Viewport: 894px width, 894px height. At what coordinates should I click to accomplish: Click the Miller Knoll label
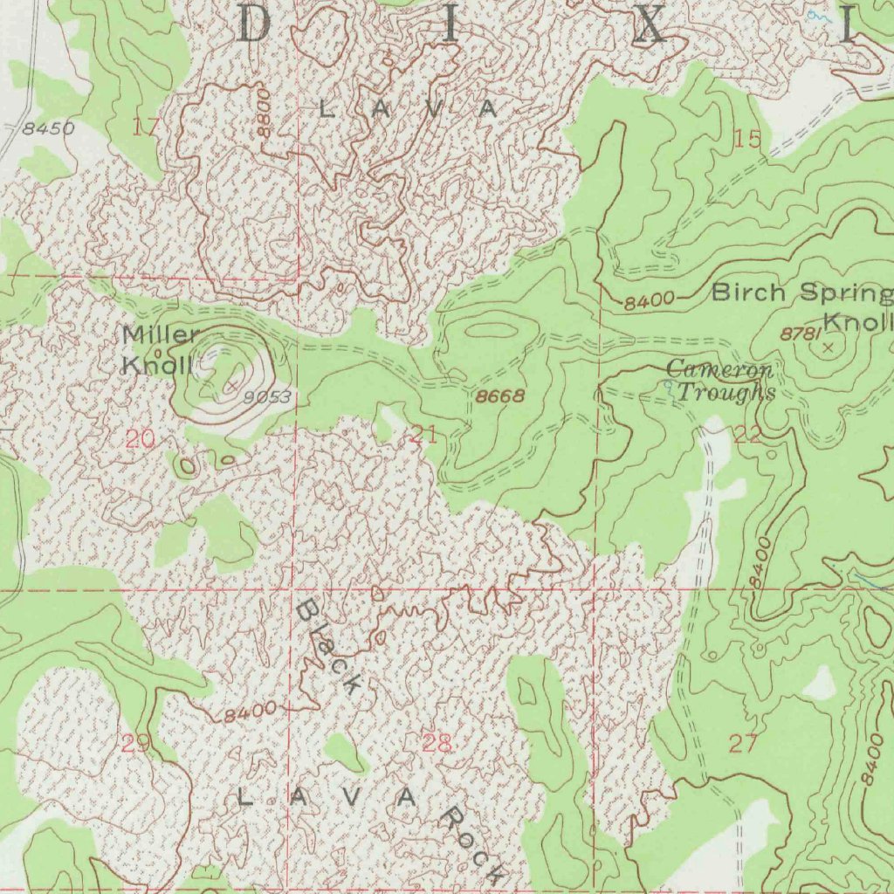162,349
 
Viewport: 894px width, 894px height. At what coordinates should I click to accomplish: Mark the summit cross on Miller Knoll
232,383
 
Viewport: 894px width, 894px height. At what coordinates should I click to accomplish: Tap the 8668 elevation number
500,396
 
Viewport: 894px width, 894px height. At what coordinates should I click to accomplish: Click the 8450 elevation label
49,129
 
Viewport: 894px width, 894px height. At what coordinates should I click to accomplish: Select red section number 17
146,127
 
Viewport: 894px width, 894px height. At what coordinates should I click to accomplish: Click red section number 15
748,138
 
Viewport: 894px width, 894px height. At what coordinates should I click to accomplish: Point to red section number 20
140,439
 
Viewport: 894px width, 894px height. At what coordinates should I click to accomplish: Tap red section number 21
423,435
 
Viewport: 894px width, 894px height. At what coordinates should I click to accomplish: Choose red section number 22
748,435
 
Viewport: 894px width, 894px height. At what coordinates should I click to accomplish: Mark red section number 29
135,744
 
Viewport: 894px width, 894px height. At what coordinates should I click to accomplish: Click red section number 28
437,744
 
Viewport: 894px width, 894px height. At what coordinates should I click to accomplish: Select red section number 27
743,744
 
